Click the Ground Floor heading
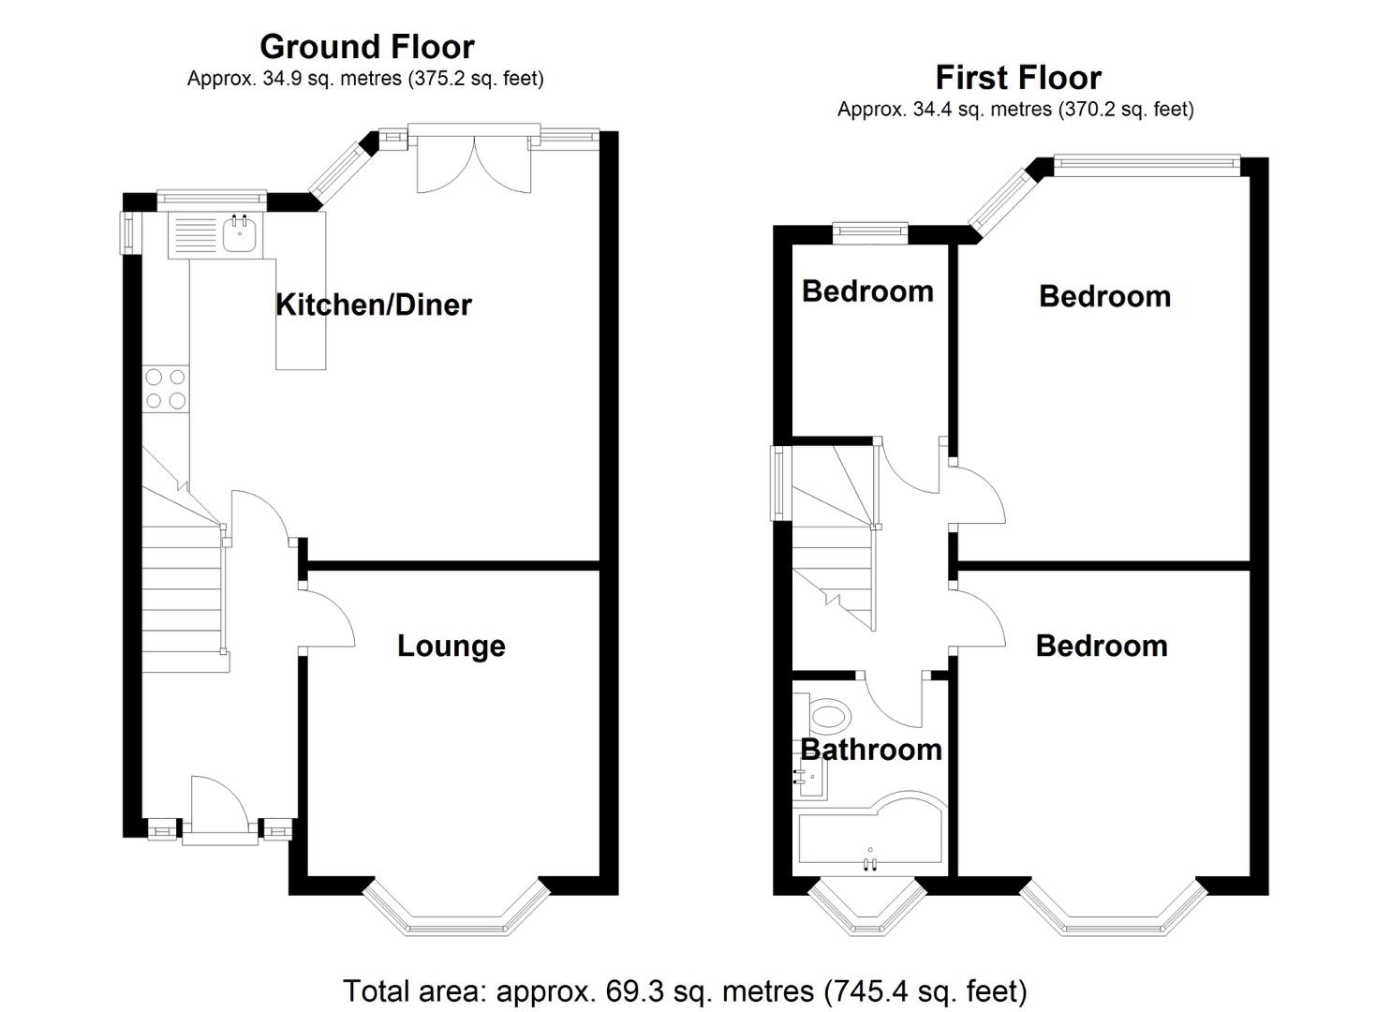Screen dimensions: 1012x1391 [366, 46]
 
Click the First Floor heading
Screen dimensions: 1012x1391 [1017, 77]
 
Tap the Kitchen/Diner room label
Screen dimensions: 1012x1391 [373, 305]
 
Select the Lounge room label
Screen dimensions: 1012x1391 [451, 646]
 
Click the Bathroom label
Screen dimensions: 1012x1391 [870, 750]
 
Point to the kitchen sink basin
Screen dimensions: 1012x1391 [240, 232]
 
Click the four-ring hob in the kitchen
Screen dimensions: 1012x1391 [165, 389]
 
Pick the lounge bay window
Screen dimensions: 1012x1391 [455, 914]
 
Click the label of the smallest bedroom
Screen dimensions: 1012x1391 [867, 291]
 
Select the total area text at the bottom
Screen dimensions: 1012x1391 [685, 990]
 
